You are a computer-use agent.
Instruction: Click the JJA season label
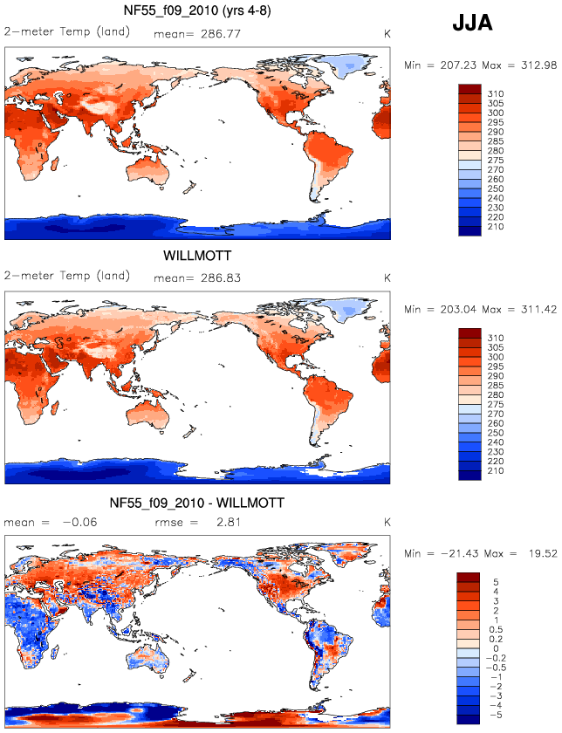(x=472, y=24)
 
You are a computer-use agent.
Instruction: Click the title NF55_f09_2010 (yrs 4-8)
(x=197, y=10)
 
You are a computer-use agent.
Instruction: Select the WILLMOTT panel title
(x=197, y=256)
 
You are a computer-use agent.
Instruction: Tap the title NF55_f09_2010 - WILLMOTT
(x=197, y=503)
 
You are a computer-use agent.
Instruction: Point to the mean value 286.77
(x=221, y=34)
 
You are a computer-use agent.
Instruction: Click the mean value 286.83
(x=221, y=278)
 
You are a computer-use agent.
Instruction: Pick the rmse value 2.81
(x=228, y=522)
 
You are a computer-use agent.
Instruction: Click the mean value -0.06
(x=80, y=522)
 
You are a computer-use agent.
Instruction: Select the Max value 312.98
(x=532, y=65)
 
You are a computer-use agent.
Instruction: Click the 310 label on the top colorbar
(x=496, y=94)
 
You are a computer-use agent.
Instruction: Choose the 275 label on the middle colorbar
(x=496, y=405)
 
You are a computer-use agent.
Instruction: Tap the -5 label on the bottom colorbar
(x=494, y=716)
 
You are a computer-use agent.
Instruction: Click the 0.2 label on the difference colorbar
(x=496, y=640)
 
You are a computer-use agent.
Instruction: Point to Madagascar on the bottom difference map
(x=58, y=652)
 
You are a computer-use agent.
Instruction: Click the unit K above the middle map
(x=387, y=278)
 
